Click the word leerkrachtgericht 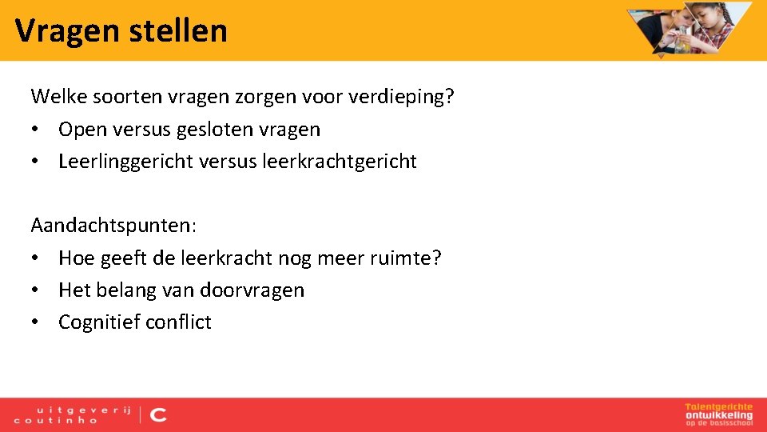tap(339, 162)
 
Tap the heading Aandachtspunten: tap(113, 226)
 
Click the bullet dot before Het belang tap(36, 290)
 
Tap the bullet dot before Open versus tap(36, 130)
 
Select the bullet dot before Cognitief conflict tap(36, 322)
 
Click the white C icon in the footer tap(159, 414)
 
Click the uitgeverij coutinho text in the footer tap(73, 414)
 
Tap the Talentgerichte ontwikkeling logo tap(718, 414)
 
